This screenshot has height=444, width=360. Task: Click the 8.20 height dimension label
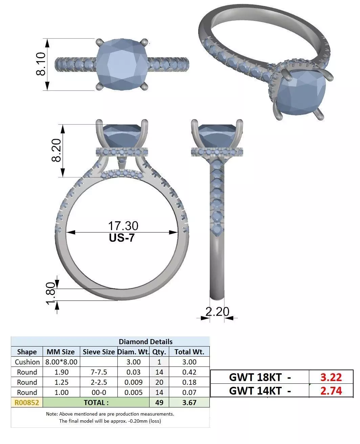tap(56, 150)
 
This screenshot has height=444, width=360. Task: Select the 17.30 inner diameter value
tap(123, 226)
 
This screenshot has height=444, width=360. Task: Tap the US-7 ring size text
tap(121, 238)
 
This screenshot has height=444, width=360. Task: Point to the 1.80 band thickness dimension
tap(50, 293)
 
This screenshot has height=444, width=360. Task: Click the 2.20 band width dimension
tap(217, 311)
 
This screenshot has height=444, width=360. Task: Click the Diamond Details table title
tap(145, 341)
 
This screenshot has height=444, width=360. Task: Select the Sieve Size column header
tap(99, 352)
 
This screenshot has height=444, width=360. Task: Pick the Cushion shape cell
tap(27, 362)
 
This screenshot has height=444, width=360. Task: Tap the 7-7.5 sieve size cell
tap(99, 372)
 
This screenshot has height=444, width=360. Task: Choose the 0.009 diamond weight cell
tap(133, 382)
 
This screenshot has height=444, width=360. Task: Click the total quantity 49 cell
tap(159, 402)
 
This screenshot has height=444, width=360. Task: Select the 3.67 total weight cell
tap(189, 402)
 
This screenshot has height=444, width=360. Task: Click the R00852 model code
tap(27, 402)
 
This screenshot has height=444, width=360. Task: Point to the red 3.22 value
tap(331, 377)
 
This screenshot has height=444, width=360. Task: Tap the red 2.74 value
tap(331, 391)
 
